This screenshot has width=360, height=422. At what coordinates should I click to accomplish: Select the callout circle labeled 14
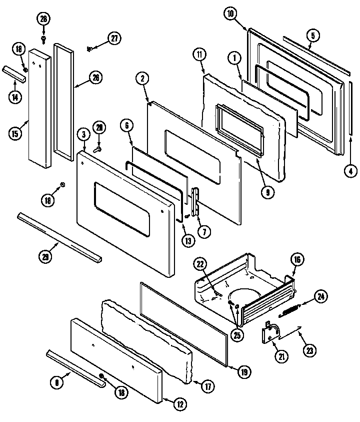click(15, 98)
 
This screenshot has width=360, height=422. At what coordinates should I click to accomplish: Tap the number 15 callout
click(16, 134)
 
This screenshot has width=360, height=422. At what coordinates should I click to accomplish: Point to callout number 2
click(142, 78)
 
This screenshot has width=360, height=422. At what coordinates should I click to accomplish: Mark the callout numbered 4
click(350, 171)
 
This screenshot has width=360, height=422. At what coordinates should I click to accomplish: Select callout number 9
click(268, 192)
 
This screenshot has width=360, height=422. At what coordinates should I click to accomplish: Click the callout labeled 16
click(297, 259)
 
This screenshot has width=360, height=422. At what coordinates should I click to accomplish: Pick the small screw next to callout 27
click(90, 48)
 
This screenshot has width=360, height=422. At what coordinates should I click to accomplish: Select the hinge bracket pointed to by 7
click(195, 200)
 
